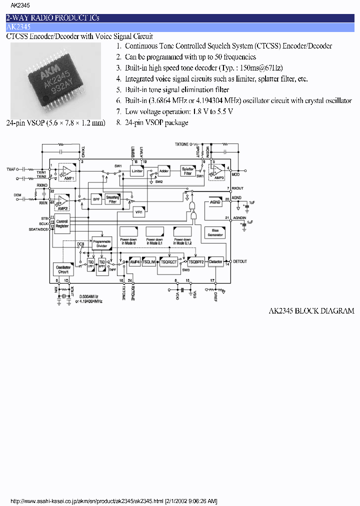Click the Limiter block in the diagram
click(x=137, y=171)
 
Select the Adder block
click(x=164, y=171)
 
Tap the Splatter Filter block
click(x=187, y=171)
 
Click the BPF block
click(x=96, y=199)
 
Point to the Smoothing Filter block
click(x=113, y=199)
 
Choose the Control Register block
click(x=62, y=223)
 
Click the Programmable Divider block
click(x=101, y=243)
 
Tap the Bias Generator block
click(x=215, y=232)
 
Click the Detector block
click(x=215, y=261)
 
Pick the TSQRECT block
click(x=169, y=261)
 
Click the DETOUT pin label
click(x=240, y=261)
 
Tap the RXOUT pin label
click(x=238, y=188)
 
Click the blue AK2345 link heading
click(x=18, y=27)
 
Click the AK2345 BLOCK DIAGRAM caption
click(x=311, y=310)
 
